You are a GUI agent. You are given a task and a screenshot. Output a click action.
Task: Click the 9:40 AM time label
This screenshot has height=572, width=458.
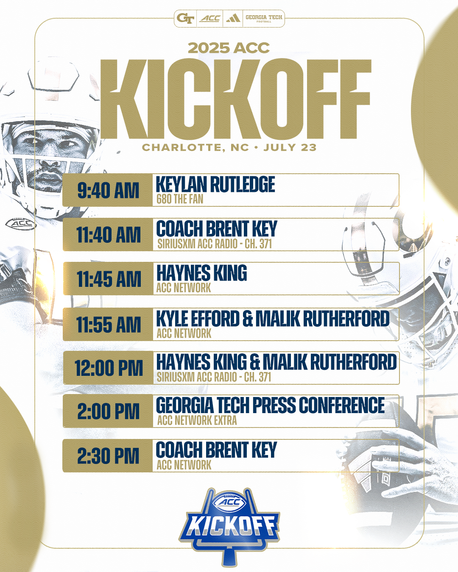[x=108, y=190]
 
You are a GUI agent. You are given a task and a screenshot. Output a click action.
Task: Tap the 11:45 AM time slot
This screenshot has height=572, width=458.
[x=109, y=279]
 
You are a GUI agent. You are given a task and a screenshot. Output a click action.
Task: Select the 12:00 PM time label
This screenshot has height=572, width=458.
[x=109, y=368]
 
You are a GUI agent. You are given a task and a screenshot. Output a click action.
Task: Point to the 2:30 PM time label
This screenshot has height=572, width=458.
[x=108, y=456]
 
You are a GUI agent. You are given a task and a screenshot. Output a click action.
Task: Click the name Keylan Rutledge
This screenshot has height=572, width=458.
[x=215, y=184]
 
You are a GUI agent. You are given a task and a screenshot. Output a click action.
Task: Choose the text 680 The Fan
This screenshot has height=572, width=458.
[x=180, y=199]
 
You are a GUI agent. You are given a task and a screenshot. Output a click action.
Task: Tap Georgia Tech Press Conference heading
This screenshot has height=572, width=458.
[x=271, y=405]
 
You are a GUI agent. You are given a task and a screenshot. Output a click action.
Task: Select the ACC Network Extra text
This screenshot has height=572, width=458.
[x=197, y=420]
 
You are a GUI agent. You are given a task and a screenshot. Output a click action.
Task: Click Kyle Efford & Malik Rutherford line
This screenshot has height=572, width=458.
[x=273, y=318]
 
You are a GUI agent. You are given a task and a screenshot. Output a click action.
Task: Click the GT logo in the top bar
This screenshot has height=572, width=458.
[x=185, y=18]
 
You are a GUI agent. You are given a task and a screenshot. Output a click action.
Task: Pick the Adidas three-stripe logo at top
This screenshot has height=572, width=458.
[x=233, y=19]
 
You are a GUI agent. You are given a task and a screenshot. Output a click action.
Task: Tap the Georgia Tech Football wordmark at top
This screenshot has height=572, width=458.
[x=264, y=18]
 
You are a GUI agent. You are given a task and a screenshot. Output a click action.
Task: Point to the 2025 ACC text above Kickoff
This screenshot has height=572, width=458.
[x=229, y=48]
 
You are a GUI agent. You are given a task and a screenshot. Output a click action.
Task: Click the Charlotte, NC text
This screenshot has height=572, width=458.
[x=195, y=147]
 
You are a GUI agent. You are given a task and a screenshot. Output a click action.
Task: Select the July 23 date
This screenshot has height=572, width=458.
[x=290, y=147]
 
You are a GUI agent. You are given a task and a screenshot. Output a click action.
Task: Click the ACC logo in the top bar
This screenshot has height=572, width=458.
[x=210, y=18]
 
